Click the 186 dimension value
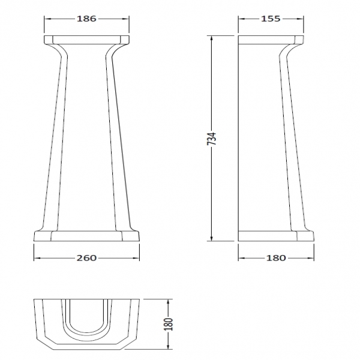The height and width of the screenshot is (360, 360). point(86,19)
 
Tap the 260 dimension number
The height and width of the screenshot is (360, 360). point(86,258)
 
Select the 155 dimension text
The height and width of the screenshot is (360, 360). point(271,19)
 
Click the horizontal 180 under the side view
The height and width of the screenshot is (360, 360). point(276,258)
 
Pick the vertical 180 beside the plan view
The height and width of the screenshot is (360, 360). point(169,324)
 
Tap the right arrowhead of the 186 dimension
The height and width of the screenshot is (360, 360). point(125,19)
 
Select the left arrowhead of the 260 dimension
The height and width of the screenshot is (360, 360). point(37,258)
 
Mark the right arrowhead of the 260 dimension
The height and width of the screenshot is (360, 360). point(136,258)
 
